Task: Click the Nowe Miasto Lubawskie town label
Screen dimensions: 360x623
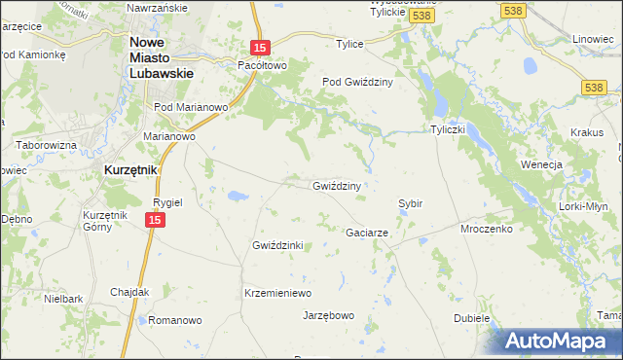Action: (162, 57)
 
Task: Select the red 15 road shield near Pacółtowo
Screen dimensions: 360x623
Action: (258, 47)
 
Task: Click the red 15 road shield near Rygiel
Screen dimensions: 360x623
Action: (155, 221)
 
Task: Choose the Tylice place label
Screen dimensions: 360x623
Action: (349, 45)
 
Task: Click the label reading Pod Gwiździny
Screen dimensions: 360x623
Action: (357, 83)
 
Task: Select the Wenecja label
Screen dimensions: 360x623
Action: (542, 164)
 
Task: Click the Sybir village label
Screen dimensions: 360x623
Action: (410, 203)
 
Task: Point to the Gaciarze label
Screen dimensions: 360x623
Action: (368, 234)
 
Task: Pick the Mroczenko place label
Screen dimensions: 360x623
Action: (487, 233)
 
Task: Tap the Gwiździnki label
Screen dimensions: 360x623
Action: (278, 245)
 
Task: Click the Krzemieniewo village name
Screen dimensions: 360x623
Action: (276, 293)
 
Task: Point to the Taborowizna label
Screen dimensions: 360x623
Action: (46, 145)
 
